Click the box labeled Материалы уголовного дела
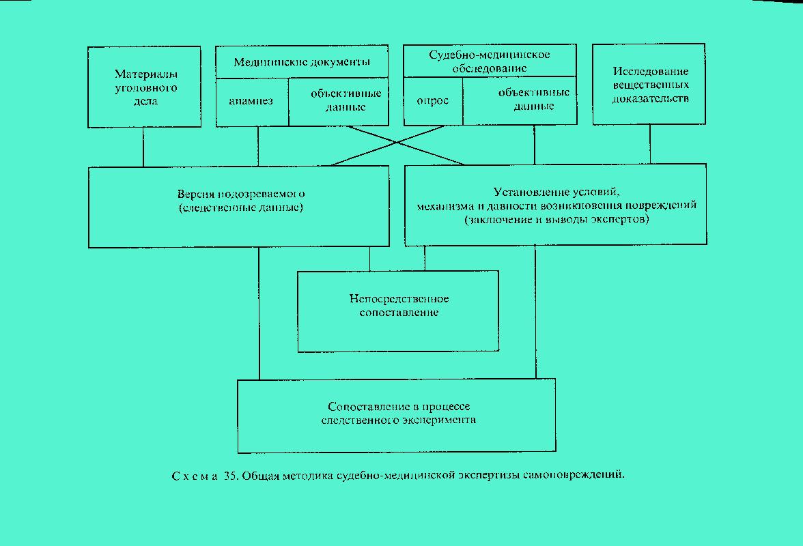tap(145, 87)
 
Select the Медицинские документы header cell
tap(302, 62)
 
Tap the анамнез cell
tap(252, 102)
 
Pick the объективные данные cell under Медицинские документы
tap(339, 102)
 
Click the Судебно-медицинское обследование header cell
tap(490, 61)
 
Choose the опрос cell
tap(433, 101)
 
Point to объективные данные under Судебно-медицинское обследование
tap(520, 101)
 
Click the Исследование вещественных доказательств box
tap(649, 85)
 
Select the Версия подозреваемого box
tap(239, 207)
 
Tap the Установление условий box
tap(556, 205)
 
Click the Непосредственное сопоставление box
tap(399, 311)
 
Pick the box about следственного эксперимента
tap(397, 416)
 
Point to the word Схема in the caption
tap(194, 476)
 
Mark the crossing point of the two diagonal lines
tap(397, 143)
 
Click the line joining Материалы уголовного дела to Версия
tap(143, 147)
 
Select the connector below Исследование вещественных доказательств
tap(650, 144)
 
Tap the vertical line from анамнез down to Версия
tap(258, 146)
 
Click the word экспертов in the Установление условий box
tap(621, 220)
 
